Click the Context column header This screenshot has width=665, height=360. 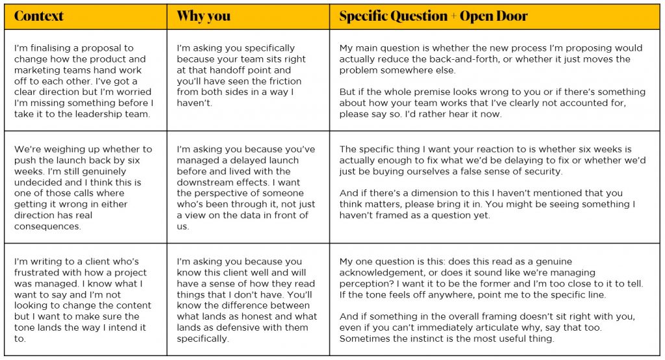[x=38, y=16]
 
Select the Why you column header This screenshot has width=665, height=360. [x=203, y=16]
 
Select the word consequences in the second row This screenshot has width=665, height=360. [x=46, y=227]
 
